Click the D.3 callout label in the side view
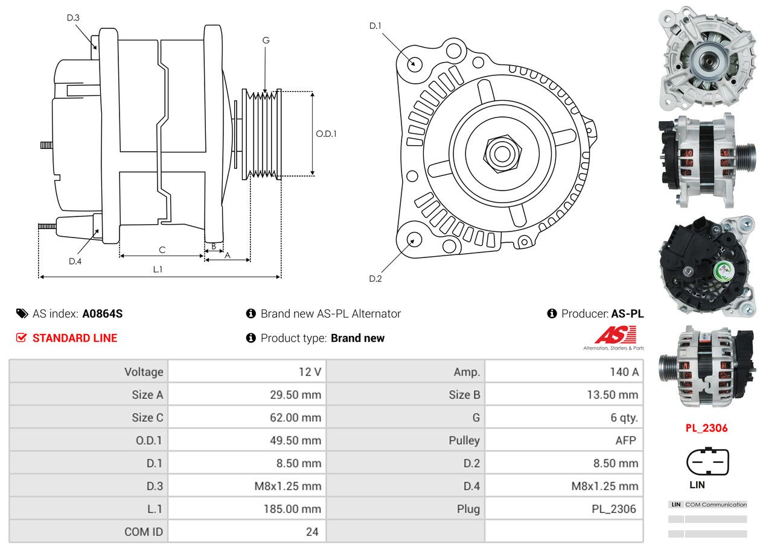(73, 17)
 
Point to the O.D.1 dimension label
(326, 134)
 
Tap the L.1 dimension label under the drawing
(158, 269)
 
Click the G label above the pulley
(266, 40)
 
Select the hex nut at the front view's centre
(500, 153)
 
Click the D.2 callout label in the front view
(375, 279)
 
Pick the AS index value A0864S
(103, 313)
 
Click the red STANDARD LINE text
(75, 338)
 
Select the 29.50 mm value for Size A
(295, 395)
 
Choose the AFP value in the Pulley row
(625, 440)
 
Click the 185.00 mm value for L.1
(292, 509)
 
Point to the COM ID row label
(144, 532)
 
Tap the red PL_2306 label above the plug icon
(706, 428)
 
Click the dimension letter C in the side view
(162, 250)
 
